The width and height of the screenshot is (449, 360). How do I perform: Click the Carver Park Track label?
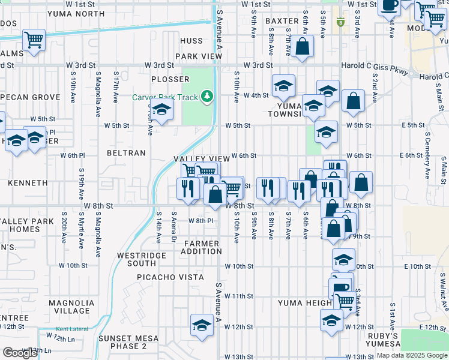(164, 97)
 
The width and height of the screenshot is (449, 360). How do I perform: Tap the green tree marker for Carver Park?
(207, 96)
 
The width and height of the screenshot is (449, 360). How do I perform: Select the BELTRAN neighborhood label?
(126, 153)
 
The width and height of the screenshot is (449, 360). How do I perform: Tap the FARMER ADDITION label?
(203, 247)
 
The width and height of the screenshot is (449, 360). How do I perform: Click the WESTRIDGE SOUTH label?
(136, 259)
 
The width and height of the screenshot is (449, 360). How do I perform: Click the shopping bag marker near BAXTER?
(303, 46)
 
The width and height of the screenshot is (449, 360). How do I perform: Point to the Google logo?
(20, 353)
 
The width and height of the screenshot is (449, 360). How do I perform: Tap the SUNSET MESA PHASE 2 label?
(123, 342)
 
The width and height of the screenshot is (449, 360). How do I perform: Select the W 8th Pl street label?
(201, 221)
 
